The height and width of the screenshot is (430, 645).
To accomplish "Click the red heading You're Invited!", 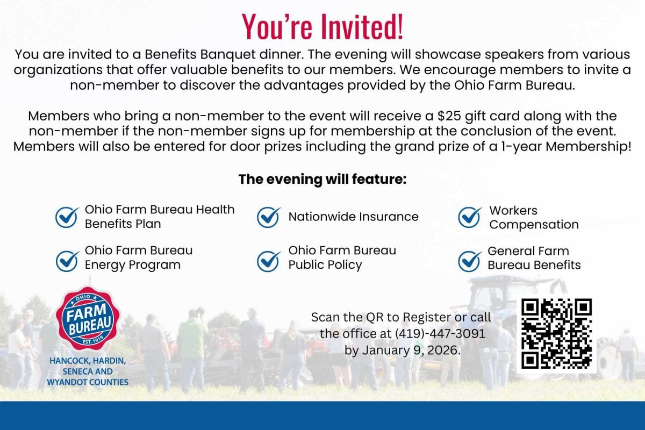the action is click(x=322, y=26).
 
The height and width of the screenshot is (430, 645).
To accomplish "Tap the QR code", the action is click(x=556, y=334).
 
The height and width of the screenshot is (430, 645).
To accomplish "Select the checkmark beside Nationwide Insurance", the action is click(x=268, y=218).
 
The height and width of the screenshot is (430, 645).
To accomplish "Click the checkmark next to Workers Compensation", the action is click(x=469, y=218).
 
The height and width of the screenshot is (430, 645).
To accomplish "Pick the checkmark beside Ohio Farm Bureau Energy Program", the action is click(x=67, y=261).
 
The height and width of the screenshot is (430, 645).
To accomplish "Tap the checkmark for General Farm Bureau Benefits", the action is click(x=469, y=261).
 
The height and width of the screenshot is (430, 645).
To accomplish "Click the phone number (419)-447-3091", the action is click(x=440, y=334).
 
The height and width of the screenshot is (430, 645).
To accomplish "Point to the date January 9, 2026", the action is click(x=411, y=350).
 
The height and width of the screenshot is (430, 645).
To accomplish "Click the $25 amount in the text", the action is click(x=449, y=116).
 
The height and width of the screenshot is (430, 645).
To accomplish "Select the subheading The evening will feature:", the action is click(x=322, y=179).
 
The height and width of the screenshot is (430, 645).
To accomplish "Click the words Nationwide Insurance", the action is click(x=353, y=217).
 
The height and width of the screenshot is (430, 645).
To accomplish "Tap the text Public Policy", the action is click(x=325, y=265).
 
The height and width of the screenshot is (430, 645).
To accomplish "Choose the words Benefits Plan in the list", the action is click(x=123, y=224).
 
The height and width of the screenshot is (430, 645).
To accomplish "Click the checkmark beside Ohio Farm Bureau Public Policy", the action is click(x=268, y=261).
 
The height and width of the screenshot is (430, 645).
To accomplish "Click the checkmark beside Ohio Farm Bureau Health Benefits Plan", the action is click(x=67, y=218).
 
